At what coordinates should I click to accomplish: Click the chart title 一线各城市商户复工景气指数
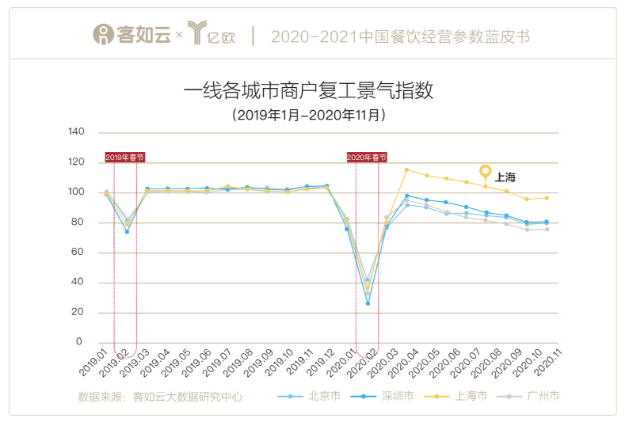308,89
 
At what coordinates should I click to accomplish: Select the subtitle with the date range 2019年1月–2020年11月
309,115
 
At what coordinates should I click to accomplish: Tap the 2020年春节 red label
367,158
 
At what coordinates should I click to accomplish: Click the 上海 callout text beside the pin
505,177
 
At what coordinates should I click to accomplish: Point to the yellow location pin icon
486,173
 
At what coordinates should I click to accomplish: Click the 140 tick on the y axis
75,131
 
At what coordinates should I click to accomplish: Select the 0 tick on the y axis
79,342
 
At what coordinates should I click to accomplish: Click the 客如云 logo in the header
132,36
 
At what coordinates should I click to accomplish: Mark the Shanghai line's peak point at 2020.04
406,169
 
